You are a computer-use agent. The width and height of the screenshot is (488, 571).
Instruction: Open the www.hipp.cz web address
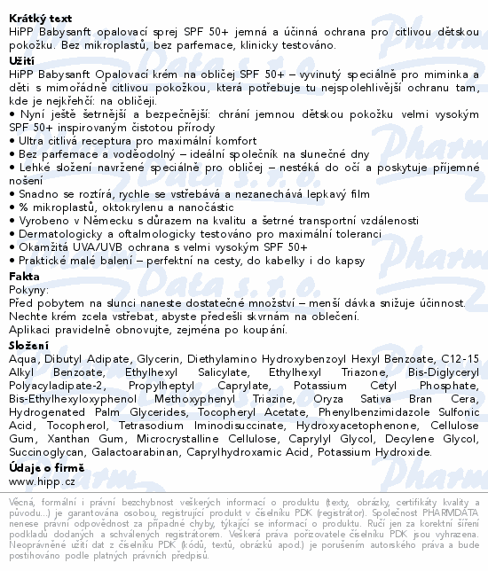click(43, 481)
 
